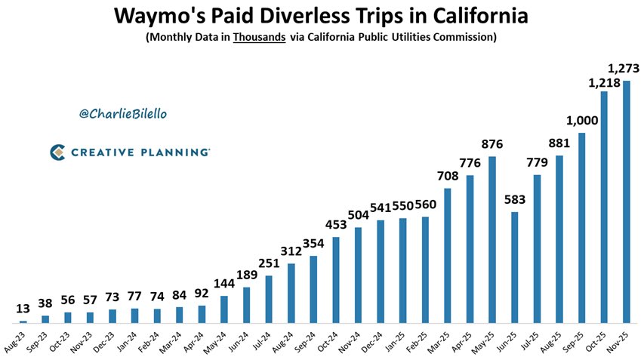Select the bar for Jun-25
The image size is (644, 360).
point(515,267)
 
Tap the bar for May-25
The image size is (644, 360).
point(492,239)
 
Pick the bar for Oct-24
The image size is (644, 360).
point(336,280)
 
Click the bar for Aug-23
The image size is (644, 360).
point(23,321)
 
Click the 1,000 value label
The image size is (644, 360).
point(582,121)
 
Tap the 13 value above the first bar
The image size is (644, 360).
point(23,309)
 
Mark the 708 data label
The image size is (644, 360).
point(448,176)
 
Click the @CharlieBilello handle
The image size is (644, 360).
point(122,113)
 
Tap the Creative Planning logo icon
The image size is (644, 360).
point(57,152)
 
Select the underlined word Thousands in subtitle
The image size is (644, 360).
point(259,37)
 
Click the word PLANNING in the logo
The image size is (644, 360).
point(174,152)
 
